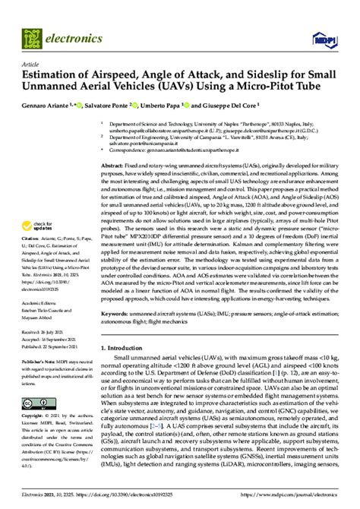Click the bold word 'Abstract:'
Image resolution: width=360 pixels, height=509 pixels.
tap(115, 166)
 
